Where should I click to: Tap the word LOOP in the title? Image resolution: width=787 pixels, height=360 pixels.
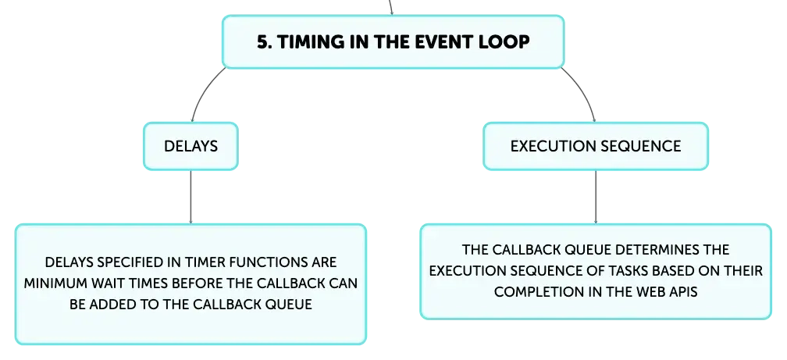pyautogui.click(x=504, y=42)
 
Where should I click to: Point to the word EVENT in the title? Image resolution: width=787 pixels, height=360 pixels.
pyautogui.click(x=443, y=42)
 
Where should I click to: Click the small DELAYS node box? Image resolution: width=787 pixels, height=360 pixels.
pyautogui.click(x=191, y=146)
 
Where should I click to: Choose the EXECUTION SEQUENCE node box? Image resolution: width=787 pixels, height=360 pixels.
pyautogui.click(x=596, y=146)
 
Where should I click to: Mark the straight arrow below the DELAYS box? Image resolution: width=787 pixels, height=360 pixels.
pyautogui.click(x=191, y=197)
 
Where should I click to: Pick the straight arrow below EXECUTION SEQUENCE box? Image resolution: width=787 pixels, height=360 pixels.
pyautogui.click(x=596, y=197)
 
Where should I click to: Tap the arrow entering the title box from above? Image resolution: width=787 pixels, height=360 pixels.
pyautogui.click(x=391, y=8)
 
